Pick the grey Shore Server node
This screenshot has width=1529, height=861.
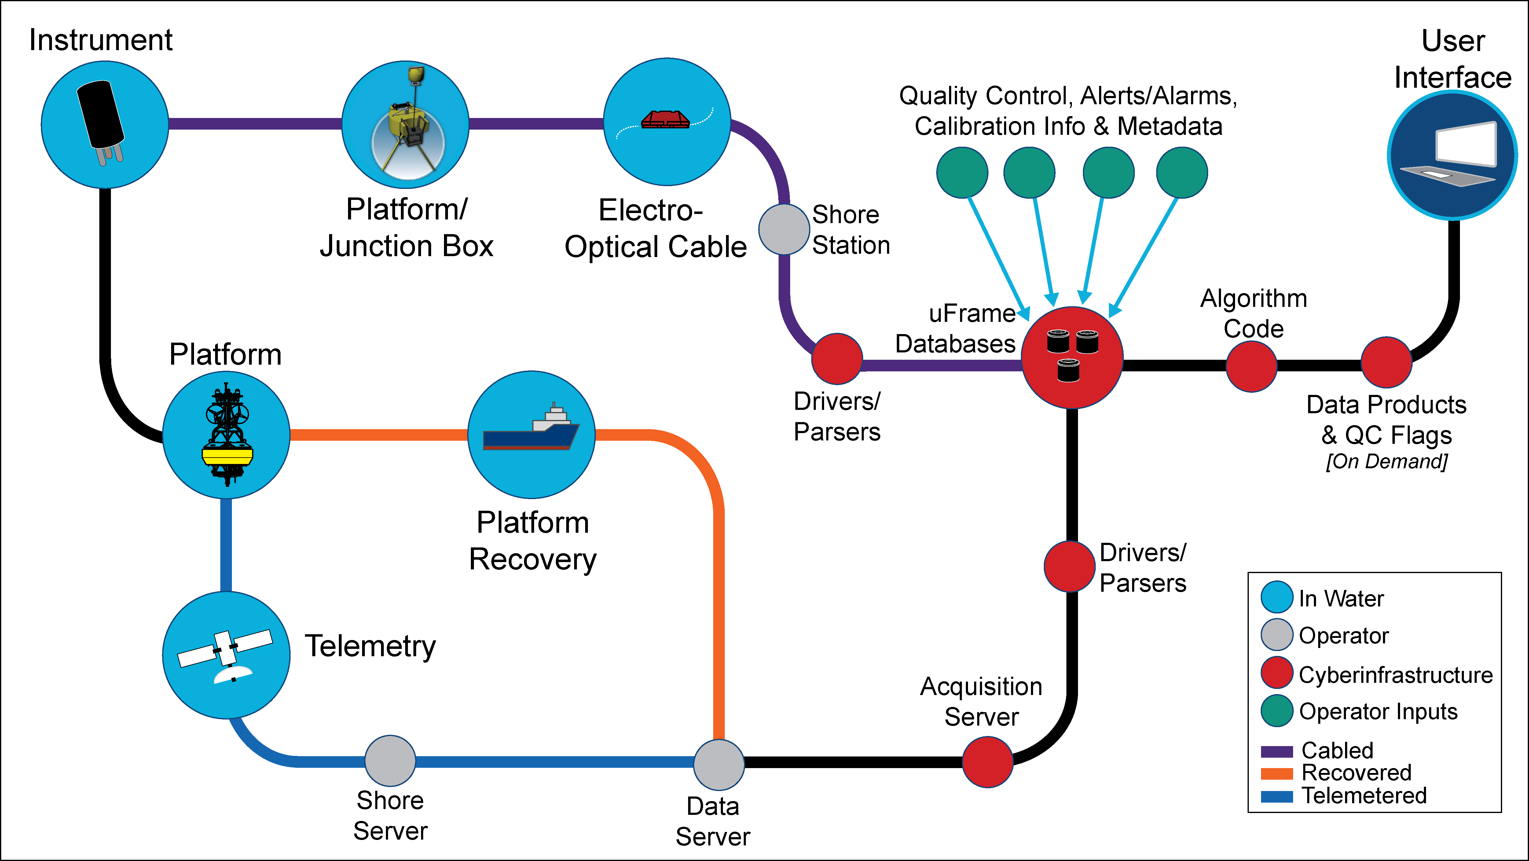390,761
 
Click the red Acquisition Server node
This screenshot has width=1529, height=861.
987,762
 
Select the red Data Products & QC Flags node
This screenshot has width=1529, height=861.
1386,362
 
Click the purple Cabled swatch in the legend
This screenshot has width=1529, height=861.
1276,752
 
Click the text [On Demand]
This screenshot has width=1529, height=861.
1387,462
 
